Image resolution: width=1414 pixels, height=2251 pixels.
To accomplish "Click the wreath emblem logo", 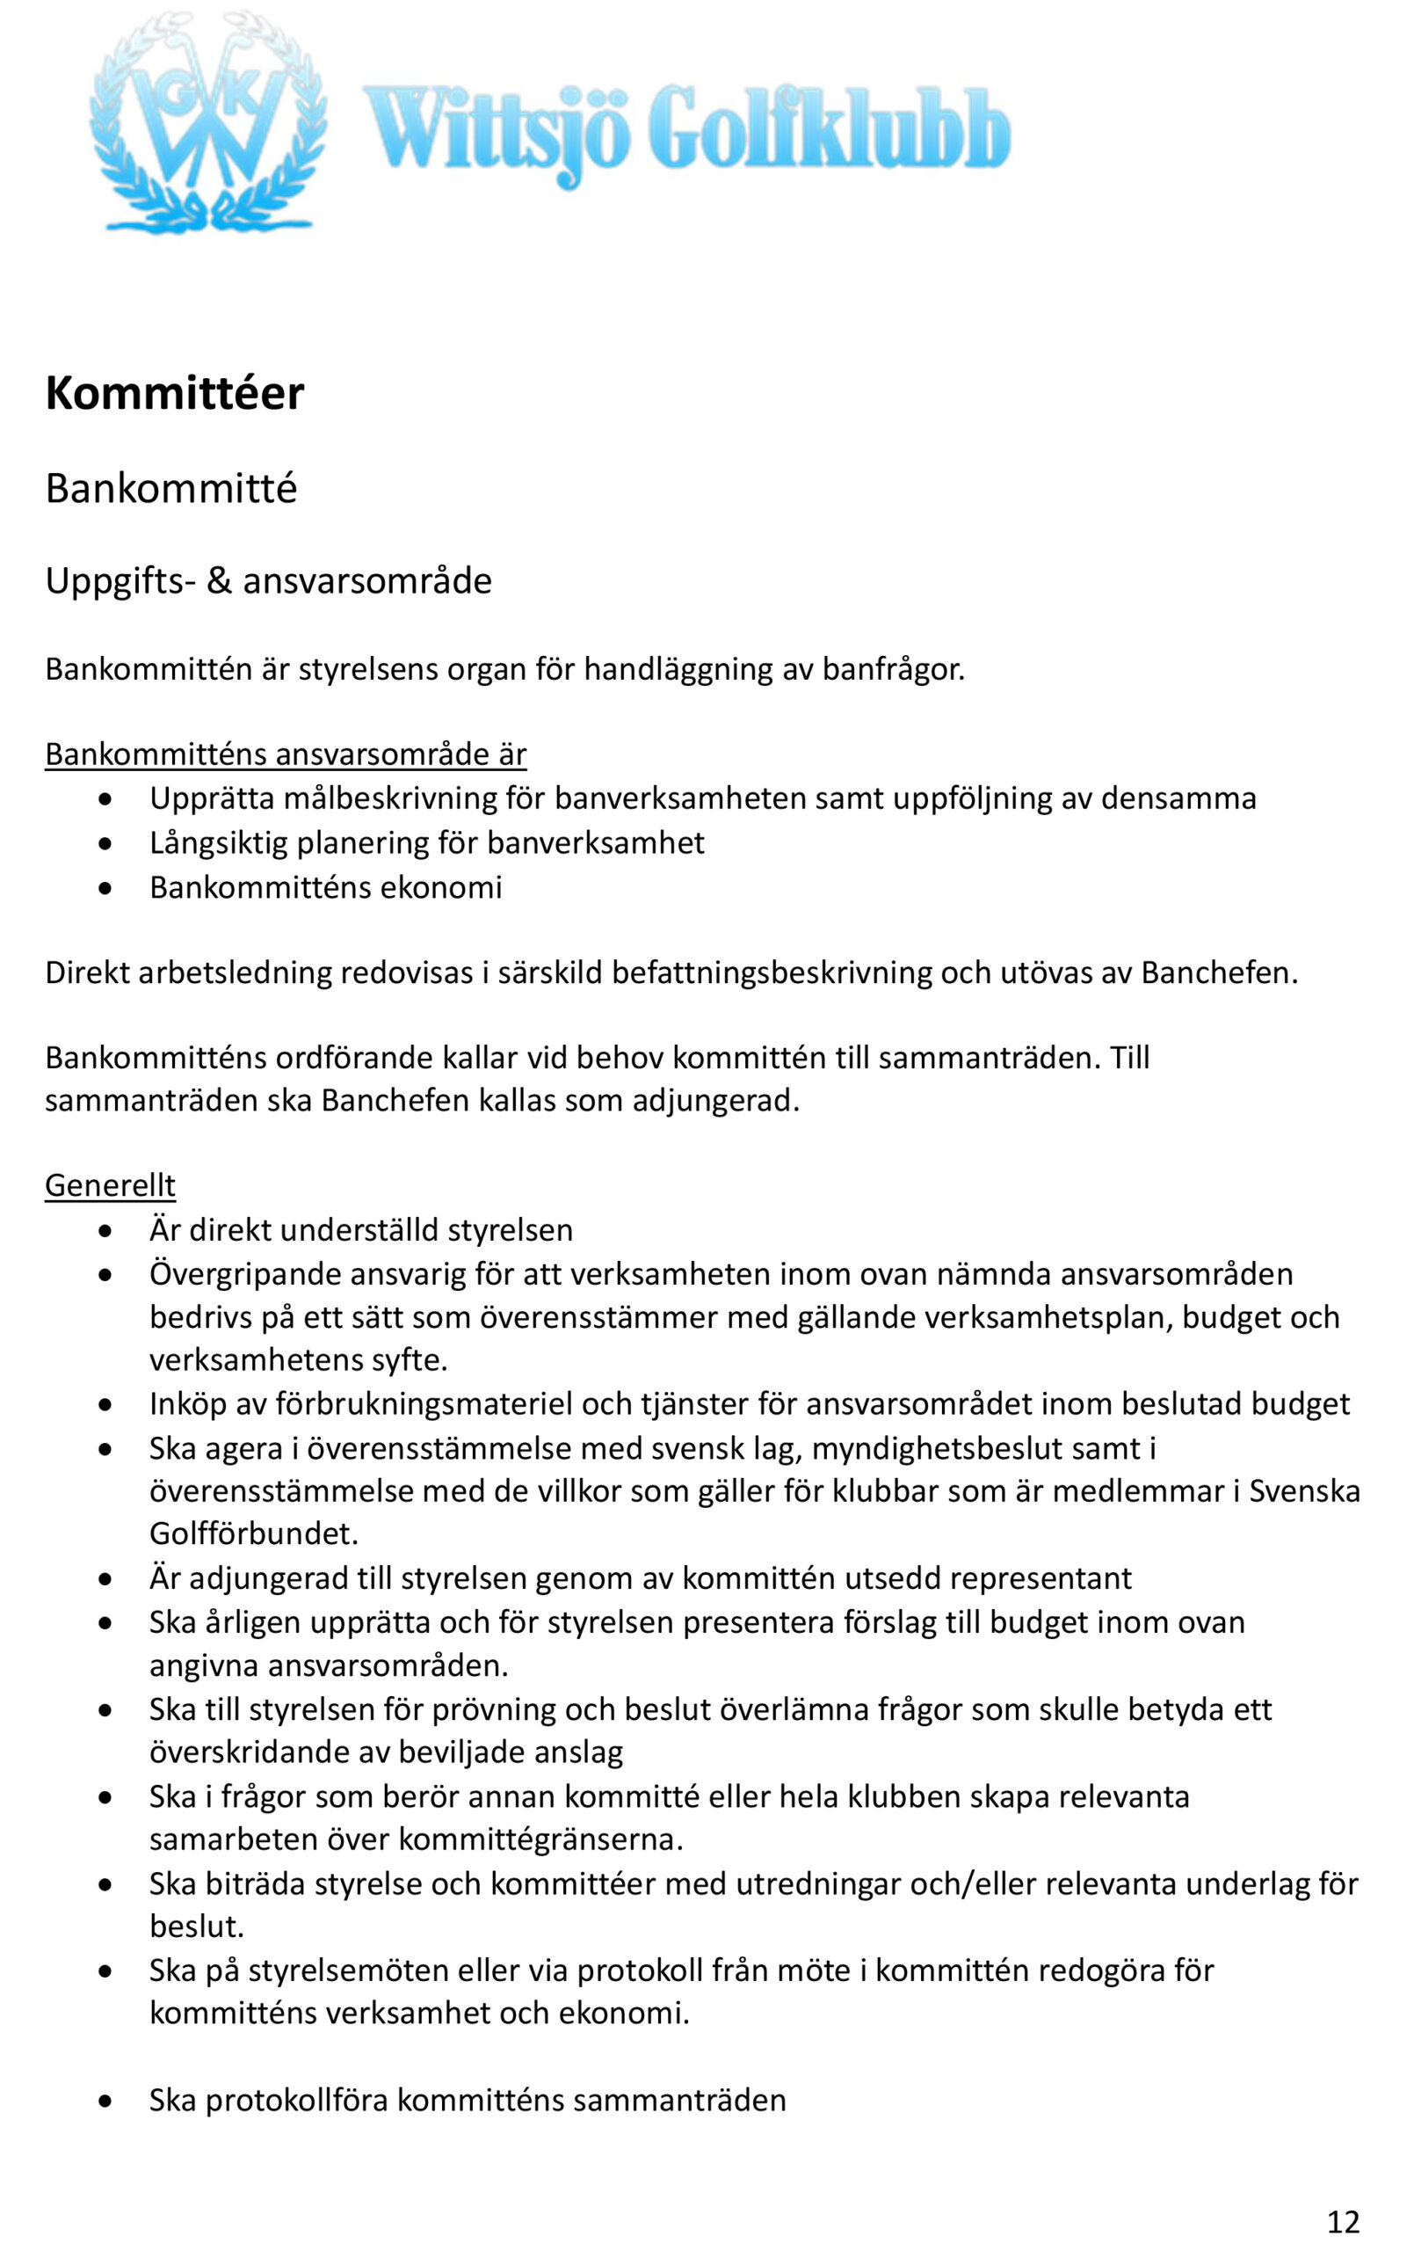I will pos(207,123).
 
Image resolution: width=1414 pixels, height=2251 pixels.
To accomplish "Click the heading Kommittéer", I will pos(175,394).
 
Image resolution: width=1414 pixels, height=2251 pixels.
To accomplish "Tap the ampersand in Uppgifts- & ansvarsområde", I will pos(219,580).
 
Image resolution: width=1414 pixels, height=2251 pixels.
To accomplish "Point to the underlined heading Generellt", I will pos(110,1185).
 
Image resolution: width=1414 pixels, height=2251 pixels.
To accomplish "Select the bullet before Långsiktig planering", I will pos(106,844).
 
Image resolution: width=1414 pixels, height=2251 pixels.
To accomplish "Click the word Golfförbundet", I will pos(253,1534).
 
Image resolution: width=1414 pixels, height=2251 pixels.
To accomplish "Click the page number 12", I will pos(1343,2221).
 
